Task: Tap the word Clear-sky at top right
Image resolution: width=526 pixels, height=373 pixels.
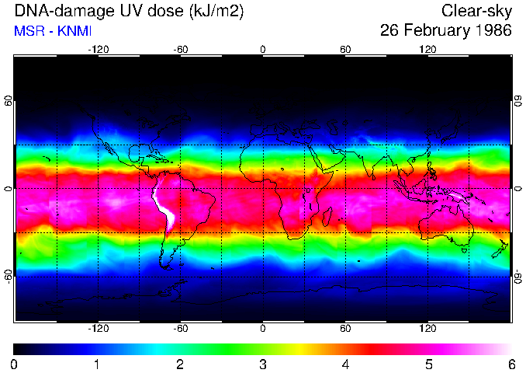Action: pos(476,12)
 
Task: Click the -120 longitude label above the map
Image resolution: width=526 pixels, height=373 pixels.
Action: pos(98,49)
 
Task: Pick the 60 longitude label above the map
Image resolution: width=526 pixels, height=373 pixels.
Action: pos(345,49)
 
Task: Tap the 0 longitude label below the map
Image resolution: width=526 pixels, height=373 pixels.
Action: pos(263,329)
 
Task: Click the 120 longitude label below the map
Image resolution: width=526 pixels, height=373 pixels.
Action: pos(427,329)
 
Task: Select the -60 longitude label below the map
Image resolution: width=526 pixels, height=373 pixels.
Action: pos(181,329)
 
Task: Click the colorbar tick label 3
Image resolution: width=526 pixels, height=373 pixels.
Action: pos(263,364)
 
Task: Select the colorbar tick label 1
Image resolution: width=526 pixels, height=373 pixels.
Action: pos(97,364)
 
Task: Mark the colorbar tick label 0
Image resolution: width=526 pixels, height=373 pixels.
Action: pos(15,364)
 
